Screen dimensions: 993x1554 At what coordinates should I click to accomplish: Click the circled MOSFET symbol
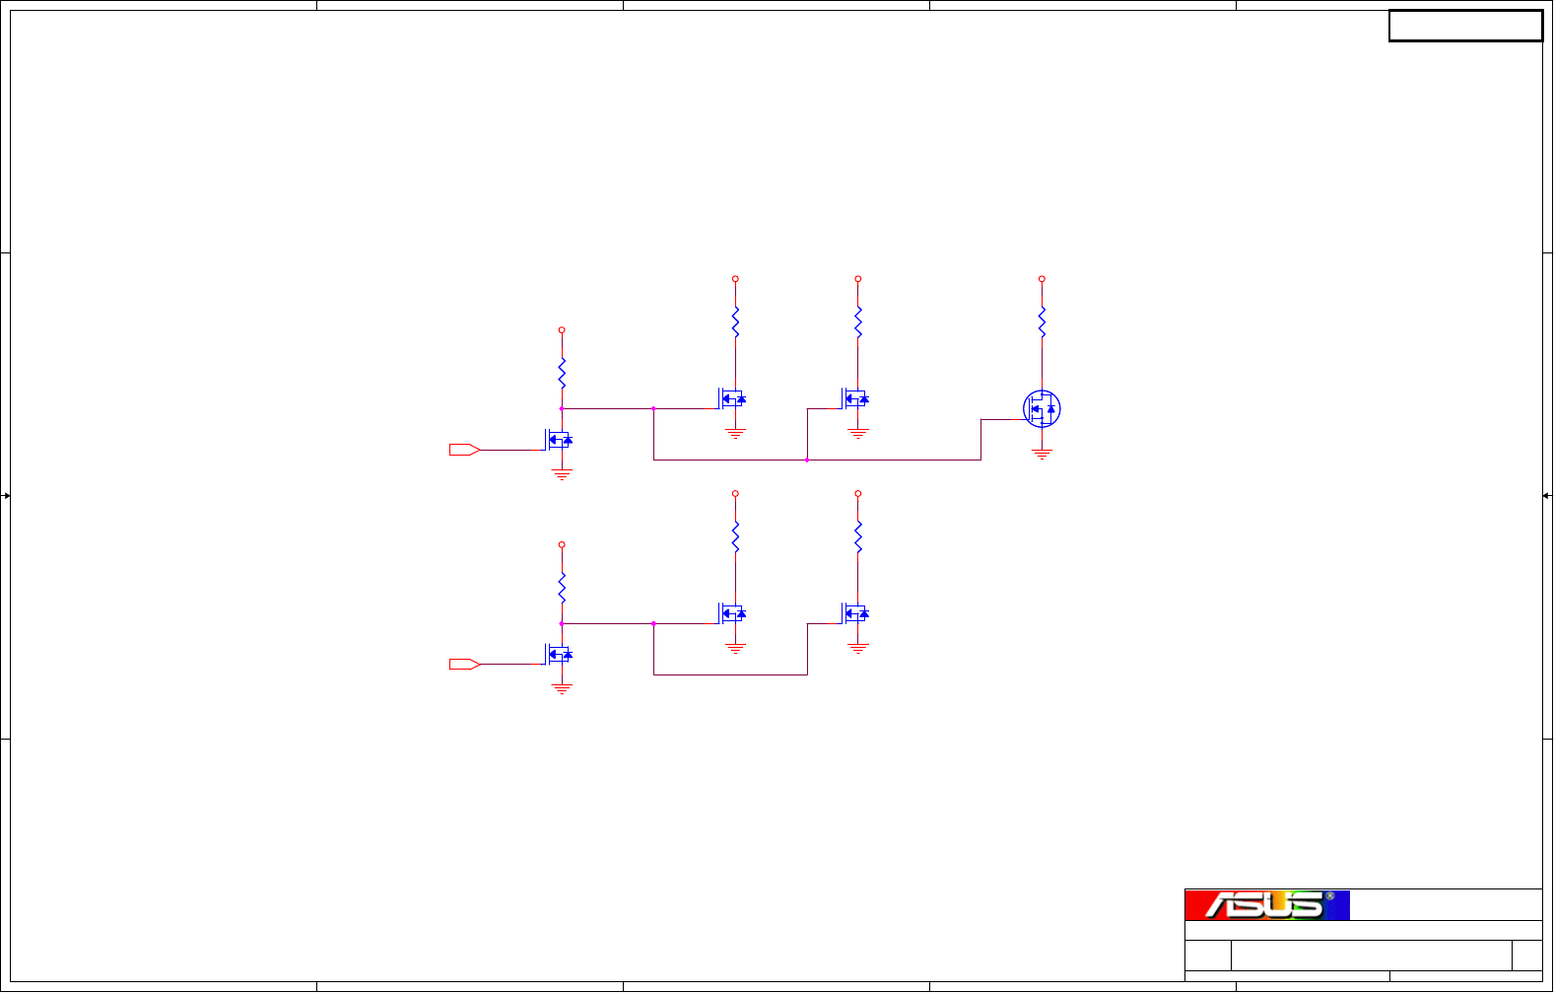(x=1042, y=409)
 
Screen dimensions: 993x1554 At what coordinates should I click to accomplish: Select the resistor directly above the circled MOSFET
(x=1042, y=322)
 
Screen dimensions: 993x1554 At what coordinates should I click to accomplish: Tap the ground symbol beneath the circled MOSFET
(x=1042, y=454)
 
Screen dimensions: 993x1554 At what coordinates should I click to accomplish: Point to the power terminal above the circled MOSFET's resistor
(x=1042, y=279)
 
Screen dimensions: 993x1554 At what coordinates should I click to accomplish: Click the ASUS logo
(x=1267, y=904)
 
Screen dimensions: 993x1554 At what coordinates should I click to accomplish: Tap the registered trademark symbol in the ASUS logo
(x=1329, y=896)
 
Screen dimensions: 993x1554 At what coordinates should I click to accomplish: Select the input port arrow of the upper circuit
(x=464, y=450)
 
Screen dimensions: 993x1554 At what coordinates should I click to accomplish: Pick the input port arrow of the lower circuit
(x=464, y=665)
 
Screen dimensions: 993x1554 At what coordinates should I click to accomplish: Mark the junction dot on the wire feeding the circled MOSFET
(x=807, y=460)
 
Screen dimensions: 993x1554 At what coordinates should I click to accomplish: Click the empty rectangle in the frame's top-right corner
(x=1465, y=27)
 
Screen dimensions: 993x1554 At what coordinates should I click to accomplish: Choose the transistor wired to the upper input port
(x=559, y=440)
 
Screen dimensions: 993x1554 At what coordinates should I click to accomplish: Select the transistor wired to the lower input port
(x=559, y=654)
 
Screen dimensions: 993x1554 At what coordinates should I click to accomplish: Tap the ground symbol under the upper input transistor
(x=562, y=474)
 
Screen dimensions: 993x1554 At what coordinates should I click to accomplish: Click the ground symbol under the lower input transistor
(x=562, y=688)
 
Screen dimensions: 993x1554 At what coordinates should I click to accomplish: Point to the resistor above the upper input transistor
(x=562, y=373)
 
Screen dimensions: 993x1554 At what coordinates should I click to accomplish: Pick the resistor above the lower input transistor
(x=562, y=588)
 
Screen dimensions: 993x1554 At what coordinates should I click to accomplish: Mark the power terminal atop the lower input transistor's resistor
(x=562, y=544)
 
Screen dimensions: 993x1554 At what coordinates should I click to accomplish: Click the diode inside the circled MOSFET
(x=1051, y=409)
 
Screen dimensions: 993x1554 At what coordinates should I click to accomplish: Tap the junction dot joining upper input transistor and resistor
(x=562, y=408)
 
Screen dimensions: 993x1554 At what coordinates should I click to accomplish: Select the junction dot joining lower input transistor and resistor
(x=562, y=623)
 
